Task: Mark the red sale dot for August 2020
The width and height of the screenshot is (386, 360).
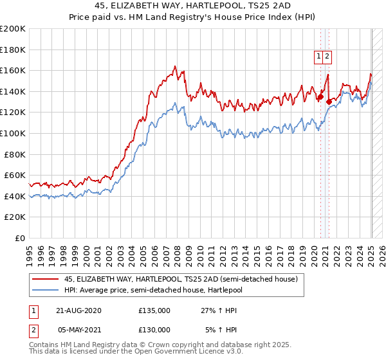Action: point(320,97)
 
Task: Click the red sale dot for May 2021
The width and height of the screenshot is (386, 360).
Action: point(329,102)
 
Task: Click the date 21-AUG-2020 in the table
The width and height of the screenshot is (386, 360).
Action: point(79,310)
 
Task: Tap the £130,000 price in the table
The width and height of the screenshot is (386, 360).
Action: point(154,330)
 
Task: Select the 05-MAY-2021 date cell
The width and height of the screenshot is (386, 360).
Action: point(79,330)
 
